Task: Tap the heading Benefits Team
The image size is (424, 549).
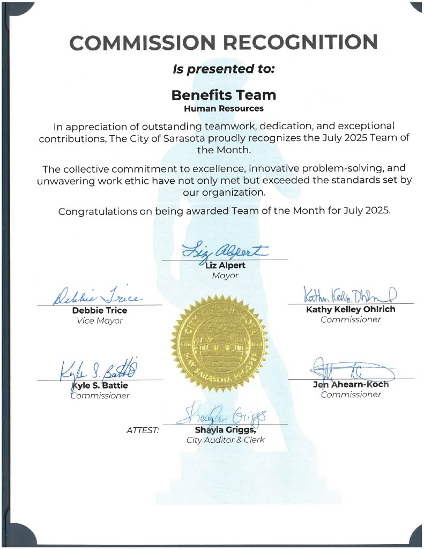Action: pyautogui.click(x=224, y=95)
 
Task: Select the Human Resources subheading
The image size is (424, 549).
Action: pyautogui.click(x=224, y=108)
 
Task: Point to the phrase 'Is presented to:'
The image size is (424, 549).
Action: pyautogui.click(x=224, y=69)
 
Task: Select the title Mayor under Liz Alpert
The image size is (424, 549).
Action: pyautogui.click(x=225, y=276)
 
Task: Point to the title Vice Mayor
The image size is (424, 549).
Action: pyautogui.click(x=100, y=321)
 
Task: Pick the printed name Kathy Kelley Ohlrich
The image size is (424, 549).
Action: pyautogui.click(x=351, y=309)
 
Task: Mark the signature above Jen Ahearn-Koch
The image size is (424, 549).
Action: pyautogui.click(x=351, y=370)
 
